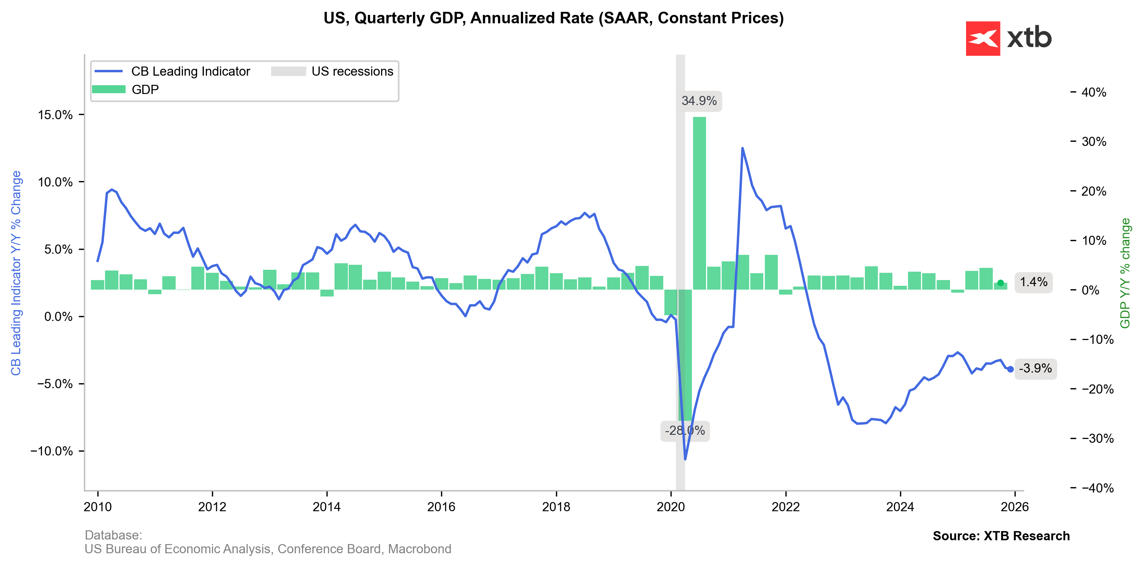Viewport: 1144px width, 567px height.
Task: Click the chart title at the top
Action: pyautogui.click(x=553, y=18)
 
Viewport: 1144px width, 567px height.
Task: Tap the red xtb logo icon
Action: pyautogui.click(x=982, y=39)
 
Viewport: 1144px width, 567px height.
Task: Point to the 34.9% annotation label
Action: pyautogui.click(x=699, y=101)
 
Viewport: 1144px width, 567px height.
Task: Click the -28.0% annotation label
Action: pyautogui.click(x=684, y=431)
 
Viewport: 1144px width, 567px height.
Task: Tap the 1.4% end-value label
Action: pyautogui.click(x=1033, y=282)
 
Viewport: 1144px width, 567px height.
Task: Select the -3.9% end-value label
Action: pyautogui.click(x=1035, y=368)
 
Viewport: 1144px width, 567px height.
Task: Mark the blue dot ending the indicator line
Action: pyautogui.click(x=1010, y=369)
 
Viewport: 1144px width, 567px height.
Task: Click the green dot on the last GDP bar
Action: pyautogui.click(x=1000, y=283)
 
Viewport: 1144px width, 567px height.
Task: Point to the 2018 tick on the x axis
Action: pyautogui.click(x=556, y=507)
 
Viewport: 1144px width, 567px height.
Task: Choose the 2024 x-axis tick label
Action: pyautogui.click(x=900, y=507)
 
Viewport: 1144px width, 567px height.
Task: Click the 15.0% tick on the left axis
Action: pyautogui.click(x=55, y=115)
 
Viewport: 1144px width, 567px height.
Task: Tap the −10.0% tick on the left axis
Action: pyautogui.click(x=52, y=451)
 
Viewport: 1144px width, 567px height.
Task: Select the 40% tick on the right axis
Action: pyautogui.click(x=1093, y=92)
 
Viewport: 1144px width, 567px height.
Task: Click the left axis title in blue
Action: pyautogui.click(x=16, y=273)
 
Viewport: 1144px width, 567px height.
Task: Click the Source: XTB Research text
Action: pyautogui.click(x=1001, y=536)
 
